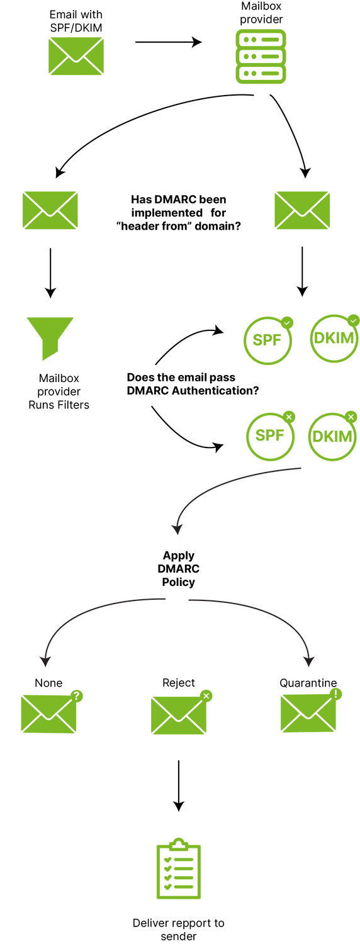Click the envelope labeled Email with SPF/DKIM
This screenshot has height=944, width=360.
pos(76,56)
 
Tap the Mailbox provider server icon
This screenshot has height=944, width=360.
pos(261,57)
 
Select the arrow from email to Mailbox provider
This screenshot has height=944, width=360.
pos(168,42)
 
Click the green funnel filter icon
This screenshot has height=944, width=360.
pos(50,339)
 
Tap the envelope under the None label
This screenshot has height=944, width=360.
pos(49,714)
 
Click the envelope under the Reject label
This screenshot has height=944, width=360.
pos(179,715)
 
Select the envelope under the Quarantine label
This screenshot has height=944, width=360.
pos(308,713)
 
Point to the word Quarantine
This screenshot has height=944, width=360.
pos(308,683)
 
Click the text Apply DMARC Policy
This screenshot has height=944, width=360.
pos(179,568)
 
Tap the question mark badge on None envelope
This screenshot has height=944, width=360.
pos(76,696)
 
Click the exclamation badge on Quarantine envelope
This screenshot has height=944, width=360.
pos(335,694)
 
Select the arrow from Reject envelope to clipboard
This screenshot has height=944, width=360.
pos(179,785)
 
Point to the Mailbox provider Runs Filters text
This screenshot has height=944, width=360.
pos(59,391)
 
